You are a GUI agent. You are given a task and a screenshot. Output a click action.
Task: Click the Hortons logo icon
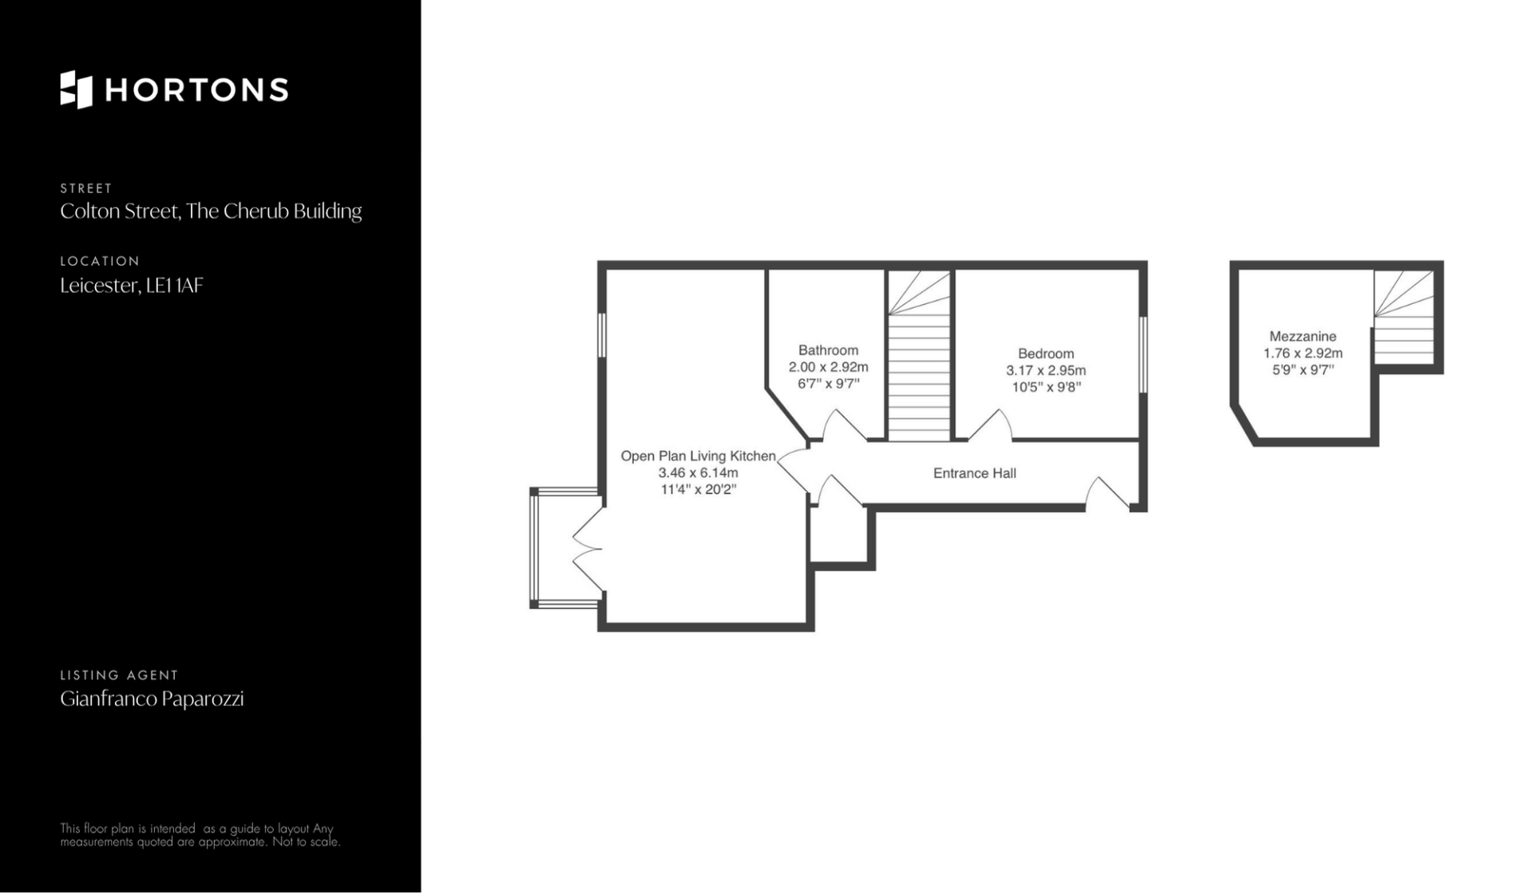(77, 89)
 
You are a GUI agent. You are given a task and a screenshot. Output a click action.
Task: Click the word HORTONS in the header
(196, 90)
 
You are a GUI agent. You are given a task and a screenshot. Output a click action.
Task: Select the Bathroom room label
(828, 350)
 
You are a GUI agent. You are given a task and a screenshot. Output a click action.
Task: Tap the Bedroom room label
(1046, 354)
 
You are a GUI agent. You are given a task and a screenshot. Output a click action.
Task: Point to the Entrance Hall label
(975, 473)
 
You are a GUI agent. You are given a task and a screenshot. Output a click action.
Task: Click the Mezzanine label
(1303, 337)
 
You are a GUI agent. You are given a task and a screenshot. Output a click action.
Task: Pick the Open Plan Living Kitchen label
(699, 456)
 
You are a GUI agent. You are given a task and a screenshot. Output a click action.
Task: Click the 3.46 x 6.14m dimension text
(699, 472)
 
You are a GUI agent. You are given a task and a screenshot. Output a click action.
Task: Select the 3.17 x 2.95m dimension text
(1046, 370)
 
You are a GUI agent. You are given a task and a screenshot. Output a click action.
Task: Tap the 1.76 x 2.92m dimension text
(1303, 354)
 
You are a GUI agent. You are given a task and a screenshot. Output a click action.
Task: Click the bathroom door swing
(844, 425)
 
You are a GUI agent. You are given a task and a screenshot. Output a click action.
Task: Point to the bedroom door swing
(990, 425)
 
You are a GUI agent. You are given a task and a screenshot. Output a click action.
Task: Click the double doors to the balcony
(588, 550)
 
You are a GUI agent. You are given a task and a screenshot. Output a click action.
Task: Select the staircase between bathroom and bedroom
(920, 355)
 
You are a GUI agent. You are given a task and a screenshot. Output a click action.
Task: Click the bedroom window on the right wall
(1143, 355)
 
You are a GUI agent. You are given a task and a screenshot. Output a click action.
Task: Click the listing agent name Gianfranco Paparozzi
(152, 699)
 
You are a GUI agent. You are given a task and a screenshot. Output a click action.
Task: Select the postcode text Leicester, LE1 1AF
(132, 286)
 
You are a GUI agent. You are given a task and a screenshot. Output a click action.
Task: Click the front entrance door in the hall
(1107, 493)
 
